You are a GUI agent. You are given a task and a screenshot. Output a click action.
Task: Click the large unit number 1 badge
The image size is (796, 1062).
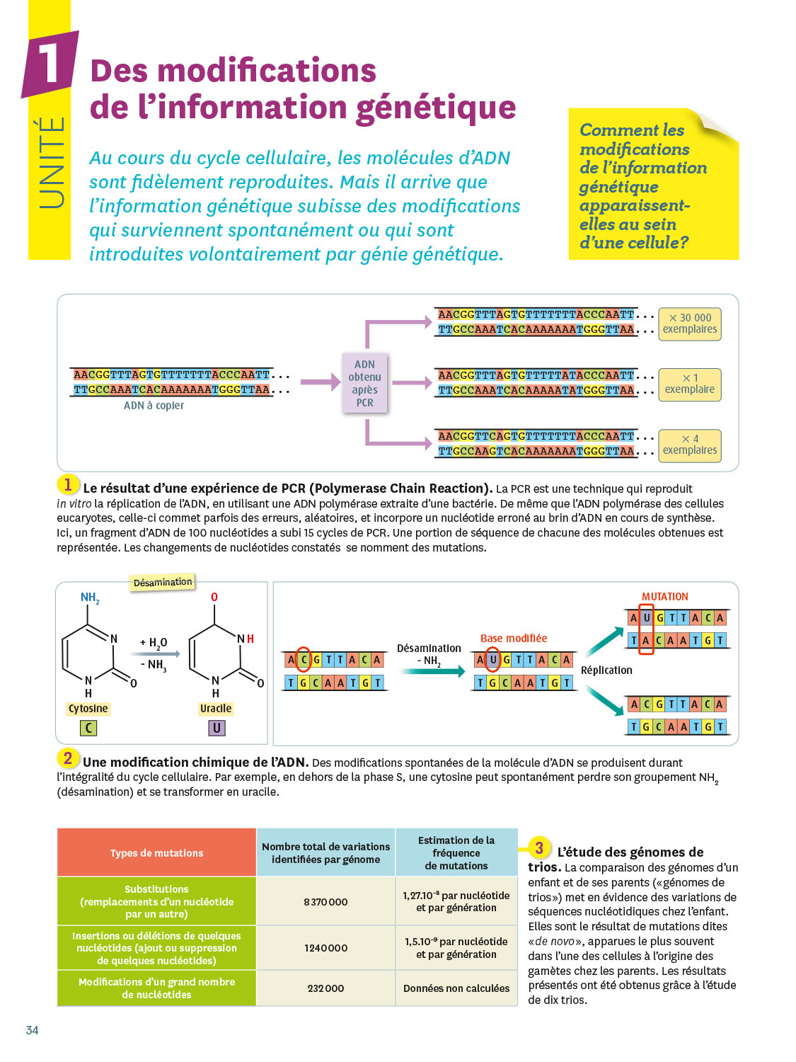(50, 64)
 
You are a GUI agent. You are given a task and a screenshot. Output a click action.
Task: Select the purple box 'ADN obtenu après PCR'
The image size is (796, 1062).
(364, 383)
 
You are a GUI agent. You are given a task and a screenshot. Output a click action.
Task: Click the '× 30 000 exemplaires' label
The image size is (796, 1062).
(690, 324)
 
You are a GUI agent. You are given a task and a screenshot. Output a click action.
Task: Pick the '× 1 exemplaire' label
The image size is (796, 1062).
(690, 384)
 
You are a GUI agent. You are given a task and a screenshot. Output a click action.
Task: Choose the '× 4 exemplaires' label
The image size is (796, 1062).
(690, 445)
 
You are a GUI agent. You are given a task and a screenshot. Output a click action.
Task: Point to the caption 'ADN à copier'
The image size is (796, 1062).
(154, 406)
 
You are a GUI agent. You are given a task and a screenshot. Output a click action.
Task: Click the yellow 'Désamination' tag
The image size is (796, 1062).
(163, 582)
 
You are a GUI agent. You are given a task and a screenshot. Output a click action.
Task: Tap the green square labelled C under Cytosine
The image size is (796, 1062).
(88, 728)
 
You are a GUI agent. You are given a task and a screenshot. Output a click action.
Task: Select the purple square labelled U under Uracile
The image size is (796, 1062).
(217, 728)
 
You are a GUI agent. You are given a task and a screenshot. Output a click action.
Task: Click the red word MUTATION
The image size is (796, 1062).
(664, 597)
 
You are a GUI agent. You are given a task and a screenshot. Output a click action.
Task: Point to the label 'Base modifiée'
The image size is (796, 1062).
(513, 638)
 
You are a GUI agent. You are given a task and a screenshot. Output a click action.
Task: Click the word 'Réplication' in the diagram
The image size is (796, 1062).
(606, 670)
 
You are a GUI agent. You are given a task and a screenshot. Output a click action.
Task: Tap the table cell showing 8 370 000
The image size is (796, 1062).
(325, 901)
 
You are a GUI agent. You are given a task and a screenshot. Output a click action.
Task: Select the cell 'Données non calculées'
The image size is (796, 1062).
(456, 988)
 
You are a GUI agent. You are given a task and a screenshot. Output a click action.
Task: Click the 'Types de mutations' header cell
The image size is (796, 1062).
(156, 853)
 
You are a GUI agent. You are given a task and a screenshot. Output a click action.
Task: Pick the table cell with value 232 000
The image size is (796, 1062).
(325, 988)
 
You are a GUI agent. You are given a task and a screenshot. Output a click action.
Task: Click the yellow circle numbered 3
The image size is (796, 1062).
(539, 847)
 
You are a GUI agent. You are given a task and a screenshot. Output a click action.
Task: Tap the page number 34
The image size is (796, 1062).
(33, 1030)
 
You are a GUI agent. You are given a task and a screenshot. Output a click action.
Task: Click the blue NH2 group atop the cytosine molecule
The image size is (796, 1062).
(90, 598)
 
